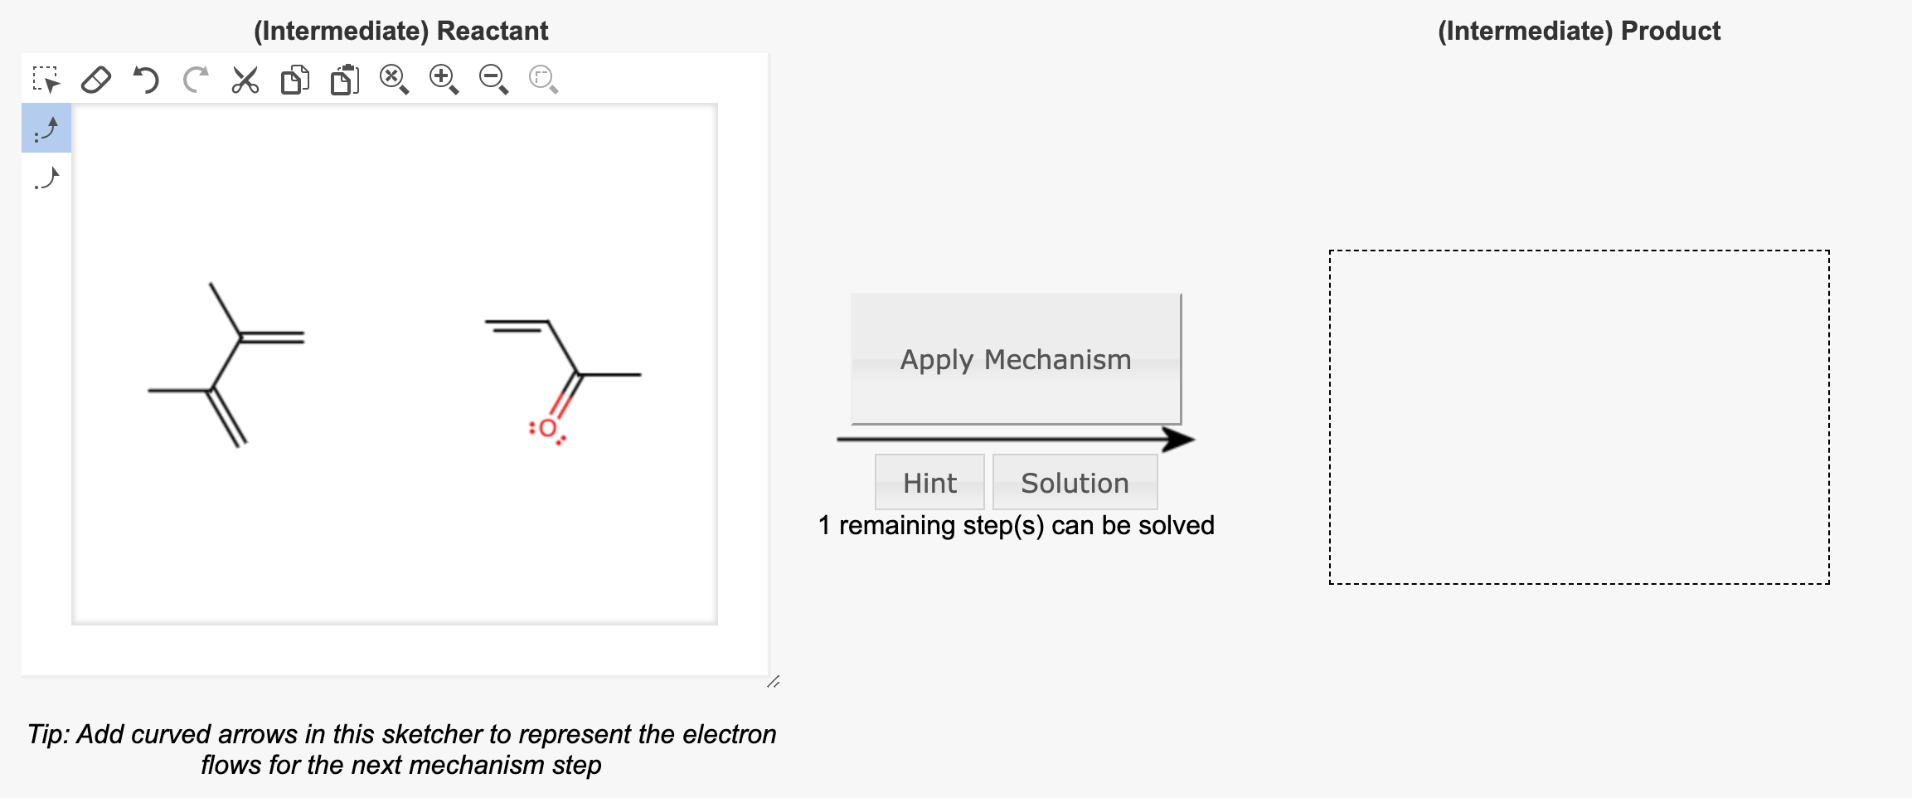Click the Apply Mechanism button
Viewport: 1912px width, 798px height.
click(1016, 359)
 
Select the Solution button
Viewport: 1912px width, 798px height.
click(1075, 483)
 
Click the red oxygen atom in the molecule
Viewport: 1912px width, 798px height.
click(547, 429)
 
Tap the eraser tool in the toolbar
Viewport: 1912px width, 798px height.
click(96, 80)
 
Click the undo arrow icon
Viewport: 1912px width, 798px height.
click(146, 80)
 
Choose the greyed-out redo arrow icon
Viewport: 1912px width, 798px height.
click(196, 80)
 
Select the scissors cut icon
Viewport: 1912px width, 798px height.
click(245, 80)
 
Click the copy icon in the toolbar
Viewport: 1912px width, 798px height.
click(295, 80)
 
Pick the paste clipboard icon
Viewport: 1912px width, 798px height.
click(345, 80)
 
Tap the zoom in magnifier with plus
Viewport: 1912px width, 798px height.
click(444, 80)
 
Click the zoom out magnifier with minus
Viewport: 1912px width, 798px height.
click(493, 80)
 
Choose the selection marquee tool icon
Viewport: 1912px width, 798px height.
click(46, 80)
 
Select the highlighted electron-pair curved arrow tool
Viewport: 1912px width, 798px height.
click(46, 129)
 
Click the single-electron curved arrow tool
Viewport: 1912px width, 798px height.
click(46, 178)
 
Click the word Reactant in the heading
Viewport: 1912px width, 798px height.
click(493, 31)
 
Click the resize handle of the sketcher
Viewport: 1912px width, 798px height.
click(773, 682)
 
